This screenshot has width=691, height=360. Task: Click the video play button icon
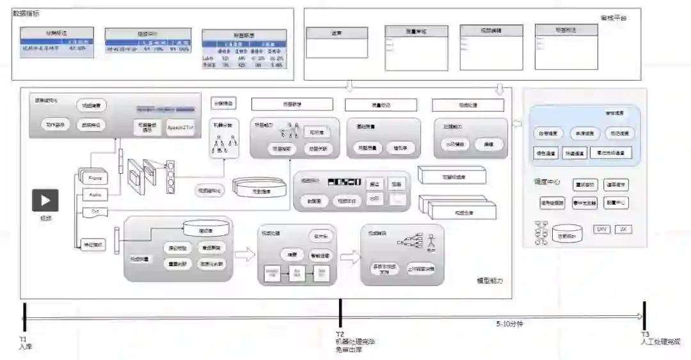click(45, 200)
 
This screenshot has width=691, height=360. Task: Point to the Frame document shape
click(94, 177)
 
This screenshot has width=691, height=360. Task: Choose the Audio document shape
click(95, 194)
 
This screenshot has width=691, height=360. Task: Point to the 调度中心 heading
click(546, 182)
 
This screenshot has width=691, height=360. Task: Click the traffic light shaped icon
click(170, 176)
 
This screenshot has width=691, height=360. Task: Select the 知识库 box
click(316, 132)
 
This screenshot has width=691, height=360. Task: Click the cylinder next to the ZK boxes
click(567, 234)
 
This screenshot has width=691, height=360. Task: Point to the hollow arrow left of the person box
click(349, 257)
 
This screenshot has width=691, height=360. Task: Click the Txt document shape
click(93, 210)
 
